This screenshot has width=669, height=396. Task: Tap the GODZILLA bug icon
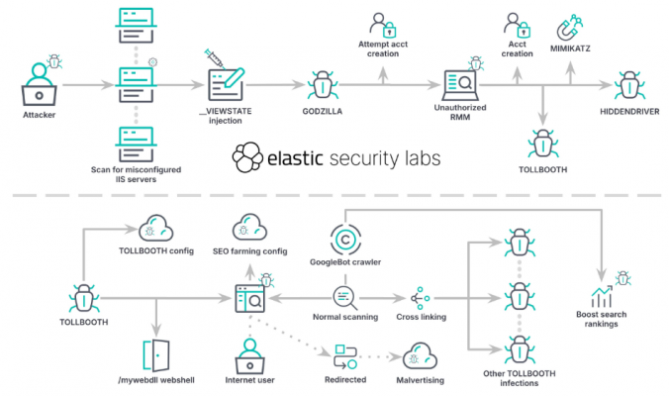322,85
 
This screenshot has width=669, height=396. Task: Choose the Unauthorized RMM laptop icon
461,83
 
